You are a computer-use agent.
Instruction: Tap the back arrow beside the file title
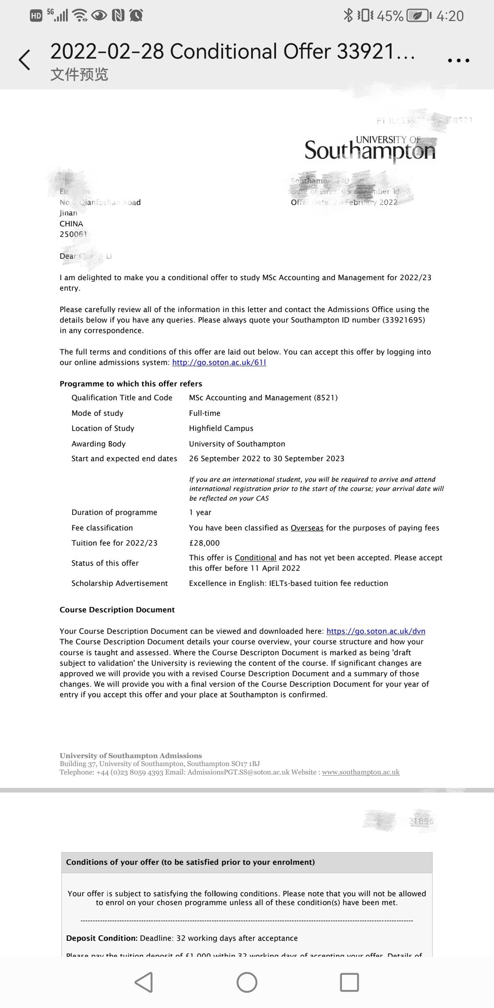[24, 60]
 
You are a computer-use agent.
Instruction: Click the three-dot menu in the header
[458, 60]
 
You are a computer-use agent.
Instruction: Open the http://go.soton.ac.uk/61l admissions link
[219, 362]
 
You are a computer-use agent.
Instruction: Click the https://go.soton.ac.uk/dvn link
[376, 631]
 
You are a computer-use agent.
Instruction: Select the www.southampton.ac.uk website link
[360, 772]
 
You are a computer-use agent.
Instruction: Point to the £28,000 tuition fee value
[204, 543]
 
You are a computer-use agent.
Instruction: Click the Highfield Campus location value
[221, 428]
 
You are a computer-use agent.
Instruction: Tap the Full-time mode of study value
[205, 413]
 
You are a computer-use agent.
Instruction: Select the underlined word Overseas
[307, 528]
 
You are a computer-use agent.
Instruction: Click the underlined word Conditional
[255, 558]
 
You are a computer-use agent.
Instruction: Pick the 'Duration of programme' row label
[114, 512]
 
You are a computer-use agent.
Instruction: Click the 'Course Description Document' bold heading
[117, 610]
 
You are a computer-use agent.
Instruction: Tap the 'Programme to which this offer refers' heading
[131, 384]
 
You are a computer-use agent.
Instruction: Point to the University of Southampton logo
[370, 149]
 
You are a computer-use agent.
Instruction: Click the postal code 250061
[73, 234]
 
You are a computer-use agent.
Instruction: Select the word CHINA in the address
[71, 224]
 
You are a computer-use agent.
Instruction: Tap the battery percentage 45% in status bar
[390, 16]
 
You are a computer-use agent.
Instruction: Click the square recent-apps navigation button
[349, 982]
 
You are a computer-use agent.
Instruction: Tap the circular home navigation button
[247, 982]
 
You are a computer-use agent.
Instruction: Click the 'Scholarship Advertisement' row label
[119, 583]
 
